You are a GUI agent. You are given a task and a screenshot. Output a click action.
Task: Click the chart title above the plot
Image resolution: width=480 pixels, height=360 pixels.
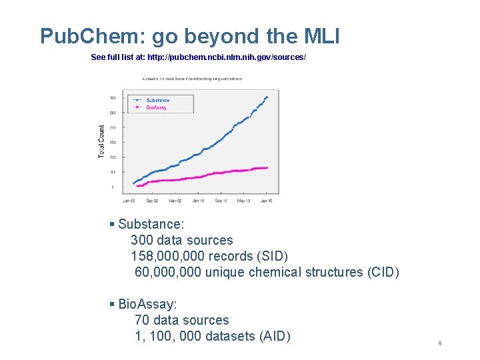[192, 79]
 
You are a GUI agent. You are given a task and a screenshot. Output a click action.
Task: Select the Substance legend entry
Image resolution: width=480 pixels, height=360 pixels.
[157, 100]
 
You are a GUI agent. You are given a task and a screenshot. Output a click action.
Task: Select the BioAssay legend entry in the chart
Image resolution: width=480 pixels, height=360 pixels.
[156, 107]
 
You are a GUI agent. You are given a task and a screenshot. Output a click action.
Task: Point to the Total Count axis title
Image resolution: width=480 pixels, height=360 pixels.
[102, 141]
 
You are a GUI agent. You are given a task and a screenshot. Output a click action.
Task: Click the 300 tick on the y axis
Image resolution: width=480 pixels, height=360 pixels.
[113, 98]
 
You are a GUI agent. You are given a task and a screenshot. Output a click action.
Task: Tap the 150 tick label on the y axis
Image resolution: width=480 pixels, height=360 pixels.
[113, 143]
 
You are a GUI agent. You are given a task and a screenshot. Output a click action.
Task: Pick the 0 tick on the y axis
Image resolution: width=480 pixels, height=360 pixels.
[113, 187]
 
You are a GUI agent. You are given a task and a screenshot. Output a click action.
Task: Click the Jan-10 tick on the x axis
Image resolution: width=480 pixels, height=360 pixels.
[198, 200]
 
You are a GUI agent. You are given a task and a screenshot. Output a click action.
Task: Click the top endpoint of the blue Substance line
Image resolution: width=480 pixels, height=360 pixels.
[267, 97]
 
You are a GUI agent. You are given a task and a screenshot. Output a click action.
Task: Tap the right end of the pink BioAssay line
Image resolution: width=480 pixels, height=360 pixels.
[267, 168]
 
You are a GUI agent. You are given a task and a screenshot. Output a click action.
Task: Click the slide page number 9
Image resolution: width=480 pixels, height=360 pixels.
[440, 343]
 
